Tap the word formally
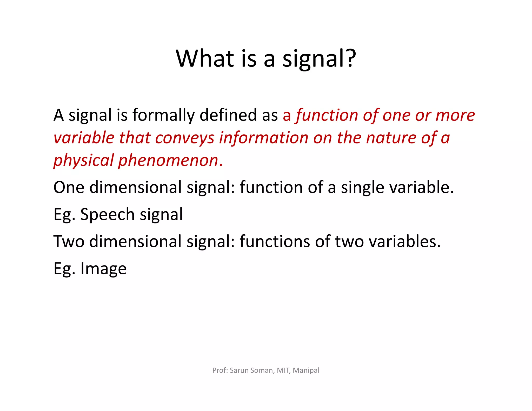coord(163,115)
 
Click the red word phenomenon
coord(168,160)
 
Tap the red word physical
coord(84,160)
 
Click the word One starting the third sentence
coord(69,187)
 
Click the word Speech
coord(107,214)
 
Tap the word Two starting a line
coord(69,241)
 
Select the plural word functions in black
coord(275,241)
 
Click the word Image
coord(103,268)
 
